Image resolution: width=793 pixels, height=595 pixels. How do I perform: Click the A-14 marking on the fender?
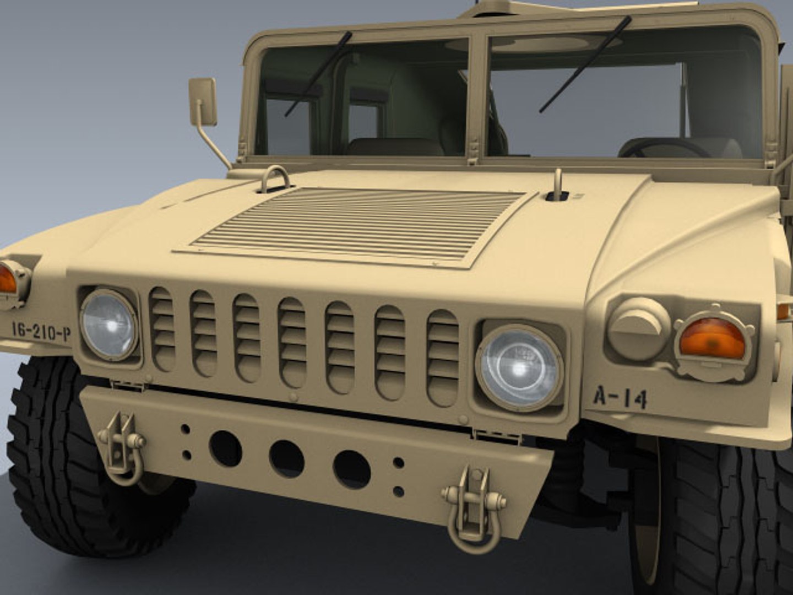point(620,397)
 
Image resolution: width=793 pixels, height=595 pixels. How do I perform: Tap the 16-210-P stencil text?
point(41,331)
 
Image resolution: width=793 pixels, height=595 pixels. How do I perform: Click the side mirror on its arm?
point(203,102)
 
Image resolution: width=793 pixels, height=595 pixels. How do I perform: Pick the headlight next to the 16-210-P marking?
point(108,324)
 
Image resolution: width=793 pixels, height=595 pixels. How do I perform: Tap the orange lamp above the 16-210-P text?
point(8,280)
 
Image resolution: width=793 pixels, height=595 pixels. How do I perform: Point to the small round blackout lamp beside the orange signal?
point(638,328)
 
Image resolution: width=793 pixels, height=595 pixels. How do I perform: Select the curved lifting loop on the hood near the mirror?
point(275,179)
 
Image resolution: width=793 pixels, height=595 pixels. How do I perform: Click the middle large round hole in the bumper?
point(286,459)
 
